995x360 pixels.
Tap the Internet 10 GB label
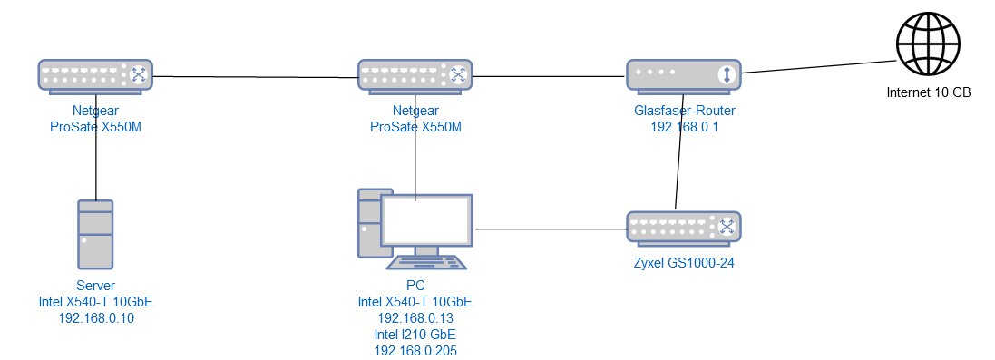click(x=929, y=93)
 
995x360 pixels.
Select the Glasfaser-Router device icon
click(x=684, y=75)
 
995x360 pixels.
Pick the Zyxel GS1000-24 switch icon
click(x=684, y=227)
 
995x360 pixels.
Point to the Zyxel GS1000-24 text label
click(x=684, y=262)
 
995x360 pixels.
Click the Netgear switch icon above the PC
click(x=415, y=75)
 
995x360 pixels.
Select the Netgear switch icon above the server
click(x=95, y=75)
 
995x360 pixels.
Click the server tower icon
click(x=95, y=234)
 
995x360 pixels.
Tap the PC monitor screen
click(x=426, y=221)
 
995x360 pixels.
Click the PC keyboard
click(x=428, y=263)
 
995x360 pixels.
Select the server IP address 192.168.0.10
click(x=96, y=317)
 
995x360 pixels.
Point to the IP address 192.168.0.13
click(x=415, y=317)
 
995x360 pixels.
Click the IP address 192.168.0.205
click(x=415, y=350)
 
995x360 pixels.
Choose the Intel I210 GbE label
click(x=415, y=334)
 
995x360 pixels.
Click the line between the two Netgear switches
click(x=256, y=77)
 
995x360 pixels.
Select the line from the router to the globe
click(x=819, y=67)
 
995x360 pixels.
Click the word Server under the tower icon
click(x=96, y=285)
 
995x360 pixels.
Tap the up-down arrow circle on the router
click(x=726, y=75)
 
